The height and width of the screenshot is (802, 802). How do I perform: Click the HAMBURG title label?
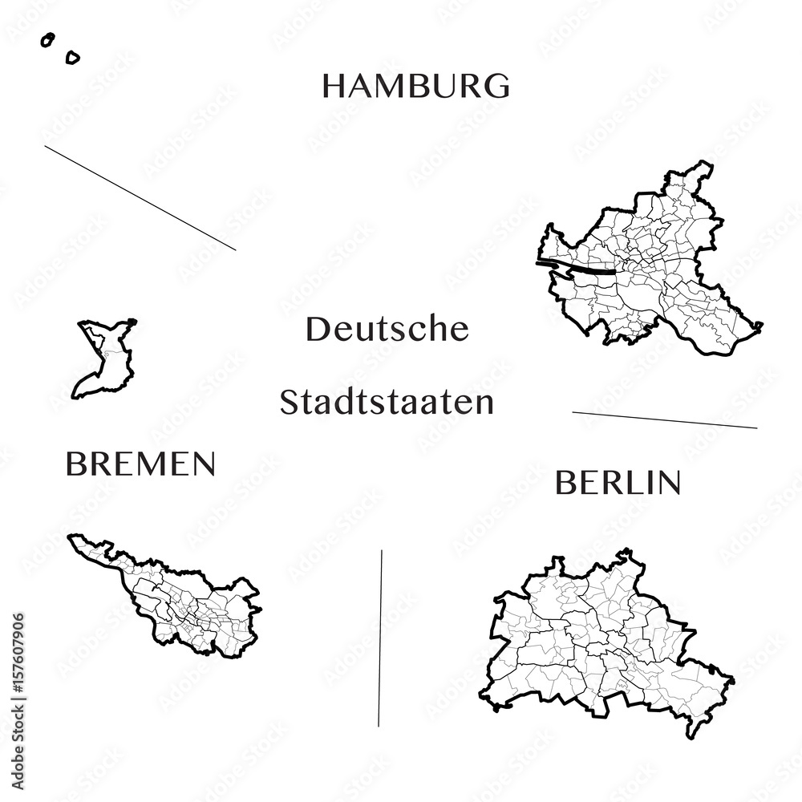tap(415, 86)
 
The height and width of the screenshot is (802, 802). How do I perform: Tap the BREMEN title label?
tap(140, 464)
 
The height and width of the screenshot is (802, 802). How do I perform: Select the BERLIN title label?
tap(618, 483)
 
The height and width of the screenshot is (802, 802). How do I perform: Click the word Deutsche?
tap(387, 329)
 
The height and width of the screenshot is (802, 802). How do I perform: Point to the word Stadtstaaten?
tap(387, 403)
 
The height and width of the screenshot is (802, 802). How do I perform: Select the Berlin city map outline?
tap(601, 642)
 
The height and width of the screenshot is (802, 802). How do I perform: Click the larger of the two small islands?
tap(72, 57)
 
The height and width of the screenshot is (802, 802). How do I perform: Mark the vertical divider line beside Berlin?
tap(380, 638)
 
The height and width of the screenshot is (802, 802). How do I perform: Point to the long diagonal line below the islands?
tap(140, 198)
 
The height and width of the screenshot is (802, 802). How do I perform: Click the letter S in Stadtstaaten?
tap(289, 403)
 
